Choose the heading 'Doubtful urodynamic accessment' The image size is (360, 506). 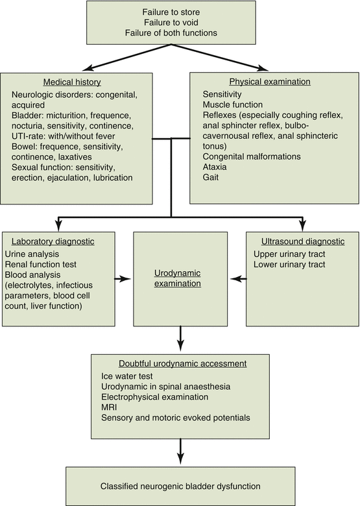pos(180,362)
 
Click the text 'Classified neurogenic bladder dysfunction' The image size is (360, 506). pos(180,485)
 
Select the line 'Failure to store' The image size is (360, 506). pos(180,12)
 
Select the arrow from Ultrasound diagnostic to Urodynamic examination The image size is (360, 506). pos(238,279)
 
